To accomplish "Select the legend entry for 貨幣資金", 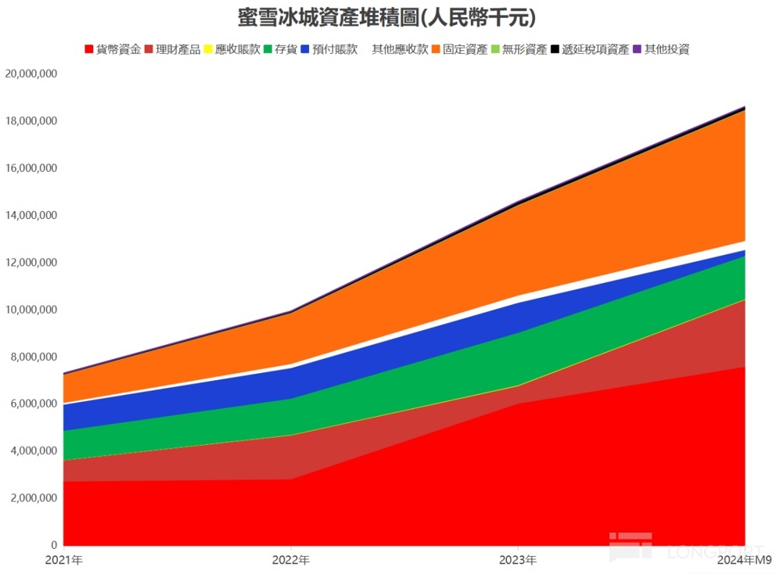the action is pyautogui.click(x=113, y=49).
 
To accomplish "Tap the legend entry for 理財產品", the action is pyautogui.click(x=172, y=49).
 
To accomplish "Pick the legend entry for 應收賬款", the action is pyautogui.click(x=232, y=49).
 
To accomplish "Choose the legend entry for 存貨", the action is pyautogui.click(x=281, y=49).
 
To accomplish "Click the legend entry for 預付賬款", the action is pyautogui.click(x=329, y=49).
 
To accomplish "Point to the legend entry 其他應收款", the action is pyautogui.click(x=400, y=49).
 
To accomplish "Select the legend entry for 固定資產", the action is pyautogui.click(x=460, y=49).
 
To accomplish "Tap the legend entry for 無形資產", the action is pyautogui.click(x=519, y=49).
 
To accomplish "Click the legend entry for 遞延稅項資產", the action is pyautogui.click(x=590, y=49).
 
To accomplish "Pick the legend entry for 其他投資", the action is pyautogui.click(x=661, y=49).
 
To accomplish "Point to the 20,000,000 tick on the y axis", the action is pyautogui.click(x=31, y=74).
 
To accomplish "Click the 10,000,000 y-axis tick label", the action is pyautogui.click(x=31, y=310).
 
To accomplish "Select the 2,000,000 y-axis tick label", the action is pyautogui.click(x=34, y=498).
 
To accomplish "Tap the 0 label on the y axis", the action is pyautogui.click(x=54, y=545).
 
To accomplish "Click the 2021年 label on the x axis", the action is pyautogui.click(x=64, y=560).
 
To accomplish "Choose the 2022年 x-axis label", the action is pyautogui.click(x=291, y=560).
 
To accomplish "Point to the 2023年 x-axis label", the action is pyautogui.click(x=518, y=560).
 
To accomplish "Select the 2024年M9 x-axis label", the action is pyautogui.click(x=745, y=560).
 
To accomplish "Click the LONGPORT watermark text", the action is pyautogui.click(x=715, y=551).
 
